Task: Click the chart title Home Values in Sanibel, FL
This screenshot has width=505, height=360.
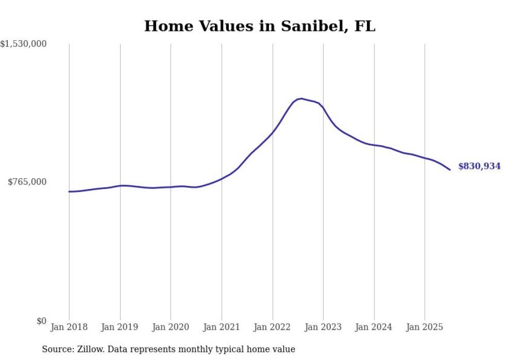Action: (260, 26)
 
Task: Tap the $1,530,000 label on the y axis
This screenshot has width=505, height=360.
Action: (24, 44)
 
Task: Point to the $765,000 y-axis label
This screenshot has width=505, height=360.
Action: (27, 182)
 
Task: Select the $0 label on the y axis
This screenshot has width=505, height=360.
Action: (41, 321)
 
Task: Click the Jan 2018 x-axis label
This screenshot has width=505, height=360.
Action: (69, 327)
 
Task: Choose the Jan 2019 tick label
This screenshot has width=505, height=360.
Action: (120, 327)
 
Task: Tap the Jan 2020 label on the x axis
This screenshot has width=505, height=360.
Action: (171, 327)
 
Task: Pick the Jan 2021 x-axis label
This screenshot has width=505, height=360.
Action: (222, 327)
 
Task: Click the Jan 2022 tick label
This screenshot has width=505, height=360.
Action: (273, 327)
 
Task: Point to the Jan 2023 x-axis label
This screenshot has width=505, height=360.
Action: (323, 327)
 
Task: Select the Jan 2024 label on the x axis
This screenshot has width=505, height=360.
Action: (374, 327)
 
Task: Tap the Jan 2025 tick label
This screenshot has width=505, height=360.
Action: (425, 327)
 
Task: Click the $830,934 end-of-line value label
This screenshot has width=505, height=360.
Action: (479, 166)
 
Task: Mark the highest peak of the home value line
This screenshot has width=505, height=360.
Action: (301, 98)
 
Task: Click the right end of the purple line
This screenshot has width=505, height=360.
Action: (450, 169)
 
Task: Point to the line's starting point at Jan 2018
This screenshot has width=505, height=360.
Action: (69, 192)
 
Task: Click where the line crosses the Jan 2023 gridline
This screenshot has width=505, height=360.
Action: (323, 108)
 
